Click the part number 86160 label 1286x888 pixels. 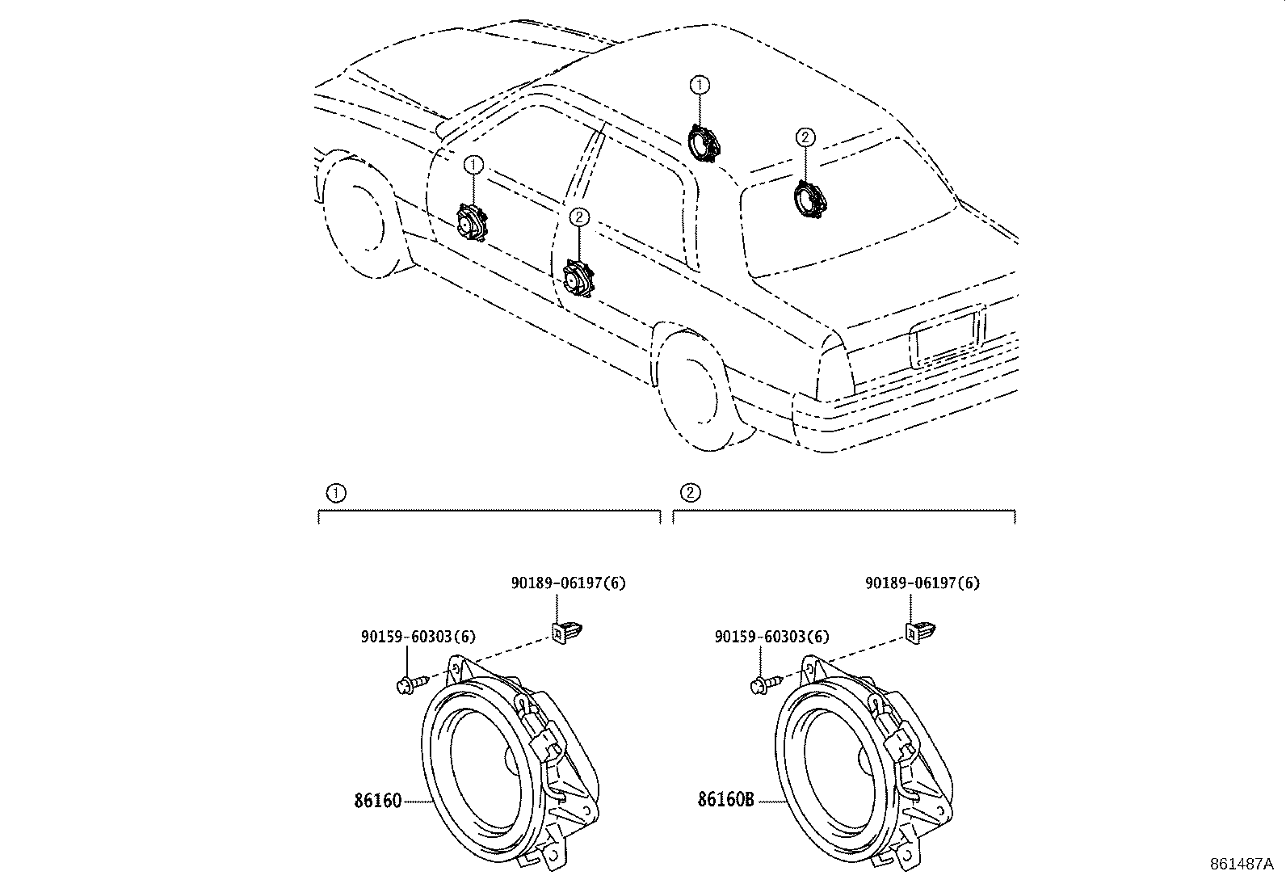pos(377,802)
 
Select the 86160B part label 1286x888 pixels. pos(726,800)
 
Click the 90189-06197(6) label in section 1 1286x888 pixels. pos(568,583)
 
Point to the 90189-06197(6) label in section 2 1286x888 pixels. pos(922,583)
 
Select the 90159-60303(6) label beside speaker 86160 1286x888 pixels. pos(418,637)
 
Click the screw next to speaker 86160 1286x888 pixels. pos(410,685)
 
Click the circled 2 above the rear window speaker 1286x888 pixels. pos(805,137)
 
